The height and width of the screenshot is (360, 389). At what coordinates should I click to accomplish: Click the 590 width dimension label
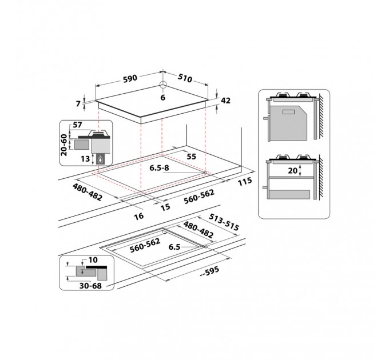(130, 78)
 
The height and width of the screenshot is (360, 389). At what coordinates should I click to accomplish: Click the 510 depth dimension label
(185, 78)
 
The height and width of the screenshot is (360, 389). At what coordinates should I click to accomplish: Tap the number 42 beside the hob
(225, 101)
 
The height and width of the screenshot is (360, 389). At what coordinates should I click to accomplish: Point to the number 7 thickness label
(78, 103)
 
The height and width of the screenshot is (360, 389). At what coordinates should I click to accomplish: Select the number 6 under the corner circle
(162, 98)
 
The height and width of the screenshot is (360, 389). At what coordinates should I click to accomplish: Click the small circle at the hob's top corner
(162, 85)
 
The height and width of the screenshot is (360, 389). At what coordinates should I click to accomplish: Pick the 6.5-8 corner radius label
(159, 168)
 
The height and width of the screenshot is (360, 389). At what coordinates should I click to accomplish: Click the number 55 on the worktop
(191, 157)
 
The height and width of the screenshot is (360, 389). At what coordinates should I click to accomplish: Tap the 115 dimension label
(245, 181)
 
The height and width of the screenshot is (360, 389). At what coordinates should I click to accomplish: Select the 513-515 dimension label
(224, 222)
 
